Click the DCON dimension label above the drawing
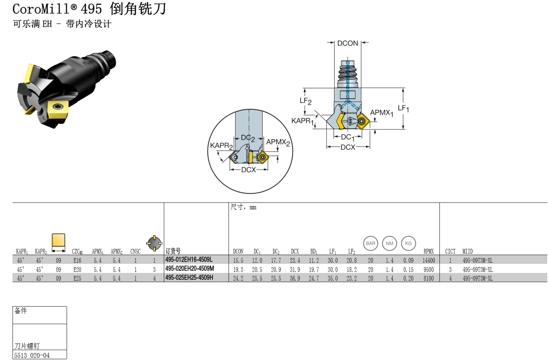347,43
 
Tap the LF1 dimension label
403,108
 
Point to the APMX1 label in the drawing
381,113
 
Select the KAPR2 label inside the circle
221,145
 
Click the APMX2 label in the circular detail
278,142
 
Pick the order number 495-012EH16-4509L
189,260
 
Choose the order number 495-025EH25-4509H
189,278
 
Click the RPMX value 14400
428,261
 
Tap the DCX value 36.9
295,278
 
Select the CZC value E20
77,270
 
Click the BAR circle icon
370,243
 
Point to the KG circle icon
408,243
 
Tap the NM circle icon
389,243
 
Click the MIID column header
468,251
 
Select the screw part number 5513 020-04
32,356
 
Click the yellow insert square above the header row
58,240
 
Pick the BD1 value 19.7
314,270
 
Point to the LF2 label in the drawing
305,101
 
